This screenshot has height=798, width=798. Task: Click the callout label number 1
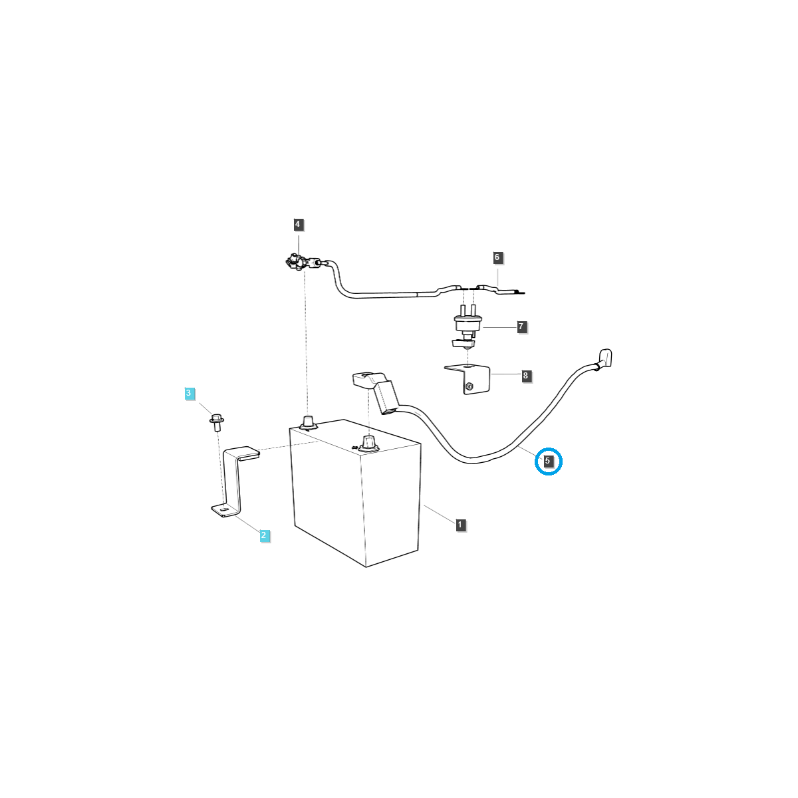coord(460,525)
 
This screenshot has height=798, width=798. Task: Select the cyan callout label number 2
coord(264,535)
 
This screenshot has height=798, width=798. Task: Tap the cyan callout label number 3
coord(189,393)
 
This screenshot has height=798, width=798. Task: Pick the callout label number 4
coord(297,225)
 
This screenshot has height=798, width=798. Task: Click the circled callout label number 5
coord(547,461)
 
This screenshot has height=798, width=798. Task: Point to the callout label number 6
coord(497,257)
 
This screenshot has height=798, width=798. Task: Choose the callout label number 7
coord(521,327)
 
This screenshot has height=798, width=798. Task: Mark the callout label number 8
coord(525,376)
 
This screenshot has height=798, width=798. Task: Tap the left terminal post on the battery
coord(308,423)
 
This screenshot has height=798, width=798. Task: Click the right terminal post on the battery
coord(368,442)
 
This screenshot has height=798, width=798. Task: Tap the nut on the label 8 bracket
coord(469,387)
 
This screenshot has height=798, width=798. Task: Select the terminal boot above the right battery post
coord(375,392)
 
